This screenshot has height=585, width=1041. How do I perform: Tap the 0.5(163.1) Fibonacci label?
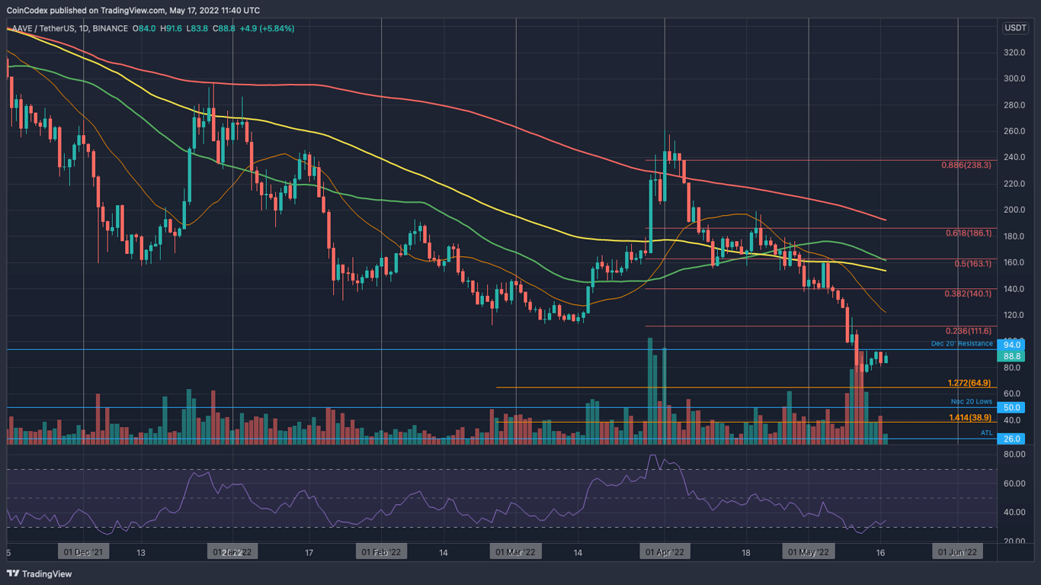(973, 264)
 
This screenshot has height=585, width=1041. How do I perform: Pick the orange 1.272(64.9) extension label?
(969, 383)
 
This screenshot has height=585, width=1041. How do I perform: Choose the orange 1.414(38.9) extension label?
(969, 418)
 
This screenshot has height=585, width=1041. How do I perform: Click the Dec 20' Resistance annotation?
(962, 344)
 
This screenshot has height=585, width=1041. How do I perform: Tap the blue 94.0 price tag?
(1013, 345)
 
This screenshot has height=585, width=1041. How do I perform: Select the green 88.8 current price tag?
(1013, 356)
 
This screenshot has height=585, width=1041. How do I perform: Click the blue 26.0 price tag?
(1013, 439)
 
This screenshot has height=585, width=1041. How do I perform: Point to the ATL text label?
(986, 433)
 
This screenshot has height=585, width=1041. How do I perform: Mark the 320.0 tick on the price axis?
(1013, 53)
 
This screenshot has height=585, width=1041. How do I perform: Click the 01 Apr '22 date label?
(665, 551)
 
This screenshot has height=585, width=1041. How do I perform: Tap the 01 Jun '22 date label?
(957, 551)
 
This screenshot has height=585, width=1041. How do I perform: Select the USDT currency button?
(1015, 28)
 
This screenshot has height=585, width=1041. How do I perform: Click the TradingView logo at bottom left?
(40, 574)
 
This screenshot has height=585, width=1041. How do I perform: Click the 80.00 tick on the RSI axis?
(1013, 455)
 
